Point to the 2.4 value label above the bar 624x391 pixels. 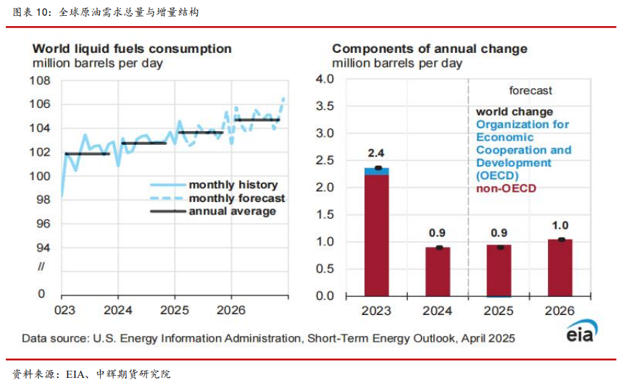pyautogui.click(x=376, y=154)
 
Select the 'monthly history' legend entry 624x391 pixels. pyautogui.click(x=233, y=185)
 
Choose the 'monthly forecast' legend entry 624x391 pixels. pyautogui.click(x=236, y=198)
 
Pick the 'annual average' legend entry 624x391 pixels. pyautogui.click(x=232, y=211)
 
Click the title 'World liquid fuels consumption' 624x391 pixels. pyautogui.click(x=132, y=49)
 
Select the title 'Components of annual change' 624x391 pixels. pyautogui.click(x=430, y=49)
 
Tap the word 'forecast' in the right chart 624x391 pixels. pyautogui.click(x=531, y=91)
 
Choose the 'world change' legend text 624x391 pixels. pyautogui.click(x=514, y=112)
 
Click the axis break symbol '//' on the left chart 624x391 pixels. pyautogui.click(x=41, y=266)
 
